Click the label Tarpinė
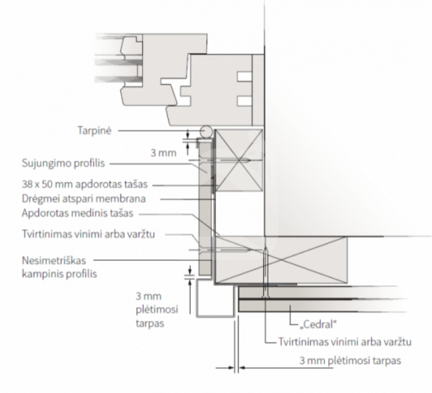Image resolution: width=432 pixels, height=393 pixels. tap(94, 131)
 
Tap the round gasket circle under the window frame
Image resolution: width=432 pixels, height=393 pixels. tap(206, 131)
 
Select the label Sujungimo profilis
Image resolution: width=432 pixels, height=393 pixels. tap(63, 163)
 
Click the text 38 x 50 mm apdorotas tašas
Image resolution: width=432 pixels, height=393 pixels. tap(84, 184)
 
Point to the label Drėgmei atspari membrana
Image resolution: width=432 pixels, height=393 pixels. tap(84, 198)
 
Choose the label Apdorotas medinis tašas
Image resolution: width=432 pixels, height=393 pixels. tap(77, 213)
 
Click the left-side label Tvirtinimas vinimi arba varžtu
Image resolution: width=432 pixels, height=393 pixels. tap(88, 234)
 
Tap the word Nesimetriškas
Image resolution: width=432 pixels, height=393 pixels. tap(54, 260)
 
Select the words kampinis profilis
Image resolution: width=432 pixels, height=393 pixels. tap(59, 274)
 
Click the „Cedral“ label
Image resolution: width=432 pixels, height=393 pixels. tap(318, 325)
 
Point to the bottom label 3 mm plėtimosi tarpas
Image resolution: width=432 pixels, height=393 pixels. tap(350, 360)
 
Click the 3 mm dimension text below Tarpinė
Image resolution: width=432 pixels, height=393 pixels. tap(163, 153)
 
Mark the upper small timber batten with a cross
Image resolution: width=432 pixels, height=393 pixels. tap(239, 160)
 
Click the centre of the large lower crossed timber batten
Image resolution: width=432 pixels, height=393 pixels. tap(280, 260)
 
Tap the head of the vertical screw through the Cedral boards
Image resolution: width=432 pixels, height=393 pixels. tap(266, 296)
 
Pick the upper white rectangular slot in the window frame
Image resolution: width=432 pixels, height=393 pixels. tap(245, 77)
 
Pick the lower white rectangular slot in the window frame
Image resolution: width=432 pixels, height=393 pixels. tap(245, 101)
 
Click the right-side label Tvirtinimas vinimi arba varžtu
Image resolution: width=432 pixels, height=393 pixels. tap(345, 342)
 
